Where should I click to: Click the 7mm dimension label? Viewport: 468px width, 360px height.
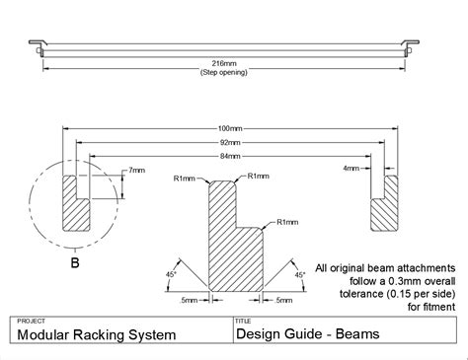[134, 172]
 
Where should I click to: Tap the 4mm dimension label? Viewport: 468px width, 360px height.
[351, 169]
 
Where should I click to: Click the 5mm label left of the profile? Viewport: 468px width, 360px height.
[188, 299]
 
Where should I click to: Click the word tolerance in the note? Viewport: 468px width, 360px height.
[351, 293]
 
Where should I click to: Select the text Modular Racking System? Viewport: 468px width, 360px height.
[90, 335]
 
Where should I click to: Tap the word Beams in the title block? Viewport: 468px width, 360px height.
[352, 335]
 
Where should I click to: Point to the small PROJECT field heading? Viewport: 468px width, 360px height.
[32, 321]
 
